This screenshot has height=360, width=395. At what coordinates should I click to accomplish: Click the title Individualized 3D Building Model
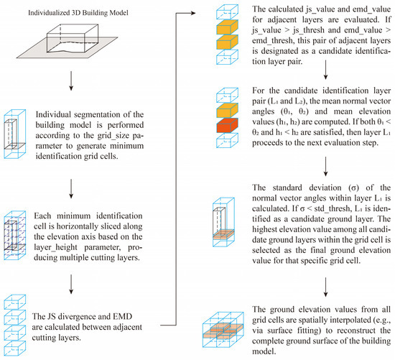pyautogui.click(x=78, y=13)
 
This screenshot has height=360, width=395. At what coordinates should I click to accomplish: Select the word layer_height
pyautogui.click(x=55, y=247)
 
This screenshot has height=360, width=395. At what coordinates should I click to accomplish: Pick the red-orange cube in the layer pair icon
pyautogui.click(x=227, y=125)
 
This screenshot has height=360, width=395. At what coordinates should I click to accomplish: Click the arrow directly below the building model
pyautogui.click(x=71, y=80)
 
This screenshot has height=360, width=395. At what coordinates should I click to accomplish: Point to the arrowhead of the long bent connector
pyautogui.click(x=193, y=13)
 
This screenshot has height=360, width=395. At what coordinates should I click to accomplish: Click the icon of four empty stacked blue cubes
pyautogui.click(x=15, y=326)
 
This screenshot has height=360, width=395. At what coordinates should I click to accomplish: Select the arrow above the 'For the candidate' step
pyautogui.click(x=325, y=70)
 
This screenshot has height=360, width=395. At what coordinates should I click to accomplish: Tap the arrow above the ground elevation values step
pyautogui.click(x=325, y=287)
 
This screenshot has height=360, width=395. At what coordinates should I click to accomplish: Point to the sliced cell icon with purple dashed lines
pyautogui.click(x=15, y=236)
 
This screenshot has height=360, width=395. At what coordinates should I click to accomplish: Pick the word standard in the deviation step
pyautogui.click(x=287, y=188)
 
